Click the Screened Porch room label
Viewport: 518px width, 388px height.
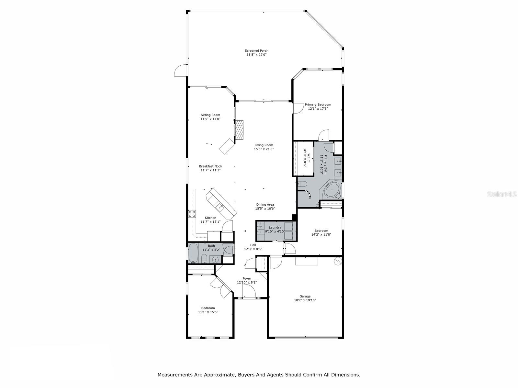256,50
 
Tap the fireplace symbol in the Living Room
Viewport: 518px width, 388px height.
239,130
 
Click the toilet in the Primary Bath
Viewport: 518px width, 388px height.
302,184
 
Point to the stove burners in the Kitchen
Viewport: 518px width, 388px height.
192,214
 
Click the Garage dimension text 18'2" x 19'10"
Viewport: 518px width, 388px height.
305,300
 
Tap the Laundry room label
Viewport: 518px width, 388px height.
275,227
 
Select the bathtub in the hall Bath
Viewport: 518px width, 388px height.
194,253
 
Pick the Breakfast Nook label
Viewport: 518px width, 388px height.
210,166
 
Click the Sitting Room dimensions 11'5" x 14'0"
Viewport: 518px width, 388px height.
210,119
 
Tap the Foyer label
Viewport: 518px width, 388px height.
247,278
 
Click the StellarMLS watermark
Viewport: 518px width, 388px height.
502,194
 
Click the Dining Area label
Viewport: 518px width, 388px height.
265,204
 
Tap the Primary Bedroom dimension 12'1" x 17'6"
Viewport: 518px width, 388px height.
318,109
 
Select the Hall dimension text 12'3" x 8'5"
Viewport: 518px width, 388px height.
253,249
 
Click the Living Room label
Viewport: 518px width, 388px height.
264,145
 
